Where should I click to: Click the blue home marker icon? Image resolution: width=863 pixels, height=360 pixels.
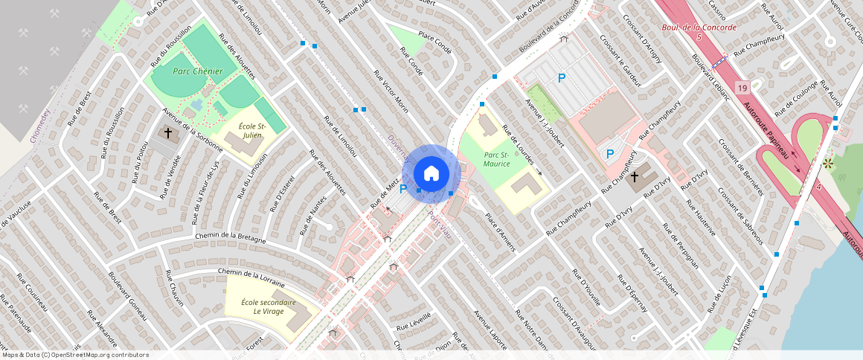pos(431,173)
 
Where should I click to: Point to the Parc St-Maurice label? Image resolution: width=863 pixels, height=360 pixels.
pos(496,158)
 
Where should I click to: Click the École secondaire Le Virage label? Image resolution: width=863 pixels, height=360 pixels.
pos(269,308)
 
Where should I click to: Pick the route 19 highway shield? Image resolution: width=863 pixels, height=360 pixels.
pos(742,89)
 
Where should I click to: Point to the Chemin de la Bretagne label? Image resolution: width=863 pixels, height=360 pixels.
pos(230,237)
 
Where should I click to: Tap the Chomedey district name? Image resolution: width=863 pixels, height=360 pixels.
pos(40,125)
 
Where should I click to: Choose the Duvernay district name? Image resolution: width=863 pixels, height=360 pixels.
pos(399,148)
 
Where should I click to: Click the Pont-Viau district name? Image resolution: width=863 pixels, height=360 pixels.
pos(439,223)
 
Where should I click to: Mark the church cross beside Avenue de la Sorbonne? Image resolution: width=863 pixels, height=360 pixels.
pos(168,134)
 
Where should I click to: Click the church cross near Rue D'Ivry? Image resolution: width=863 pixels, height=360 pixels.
pos(635,177)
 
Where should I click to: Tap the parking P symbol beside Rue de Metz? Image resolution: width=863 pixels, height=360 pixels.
pos(404,188)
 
